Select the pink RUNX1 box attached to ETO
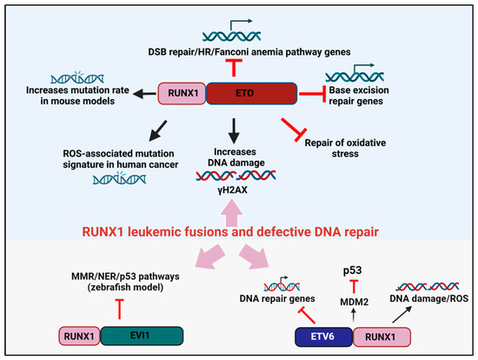(182, 95)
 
